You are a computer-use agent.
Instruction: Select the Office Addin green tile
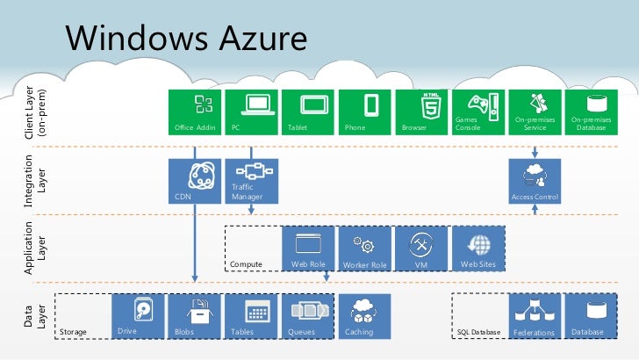pos(195,112)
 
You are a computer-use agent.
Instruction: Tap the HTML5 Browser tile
pos(421,112)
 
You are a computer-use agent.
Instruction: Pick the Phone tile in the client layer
pos(365,112)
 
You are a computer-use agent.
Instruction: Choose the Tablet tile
pos(308,112)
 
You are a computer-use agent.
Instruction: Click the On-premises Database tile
pos(591,112)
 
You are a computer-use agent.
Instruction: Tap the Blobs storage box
pos(195,316)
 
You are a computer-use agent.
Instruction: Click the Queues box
pos(308,316)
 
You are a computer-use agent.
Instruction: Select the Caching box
pos(365,316)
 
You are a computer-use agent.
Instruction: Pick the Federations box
pos(535,316)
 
